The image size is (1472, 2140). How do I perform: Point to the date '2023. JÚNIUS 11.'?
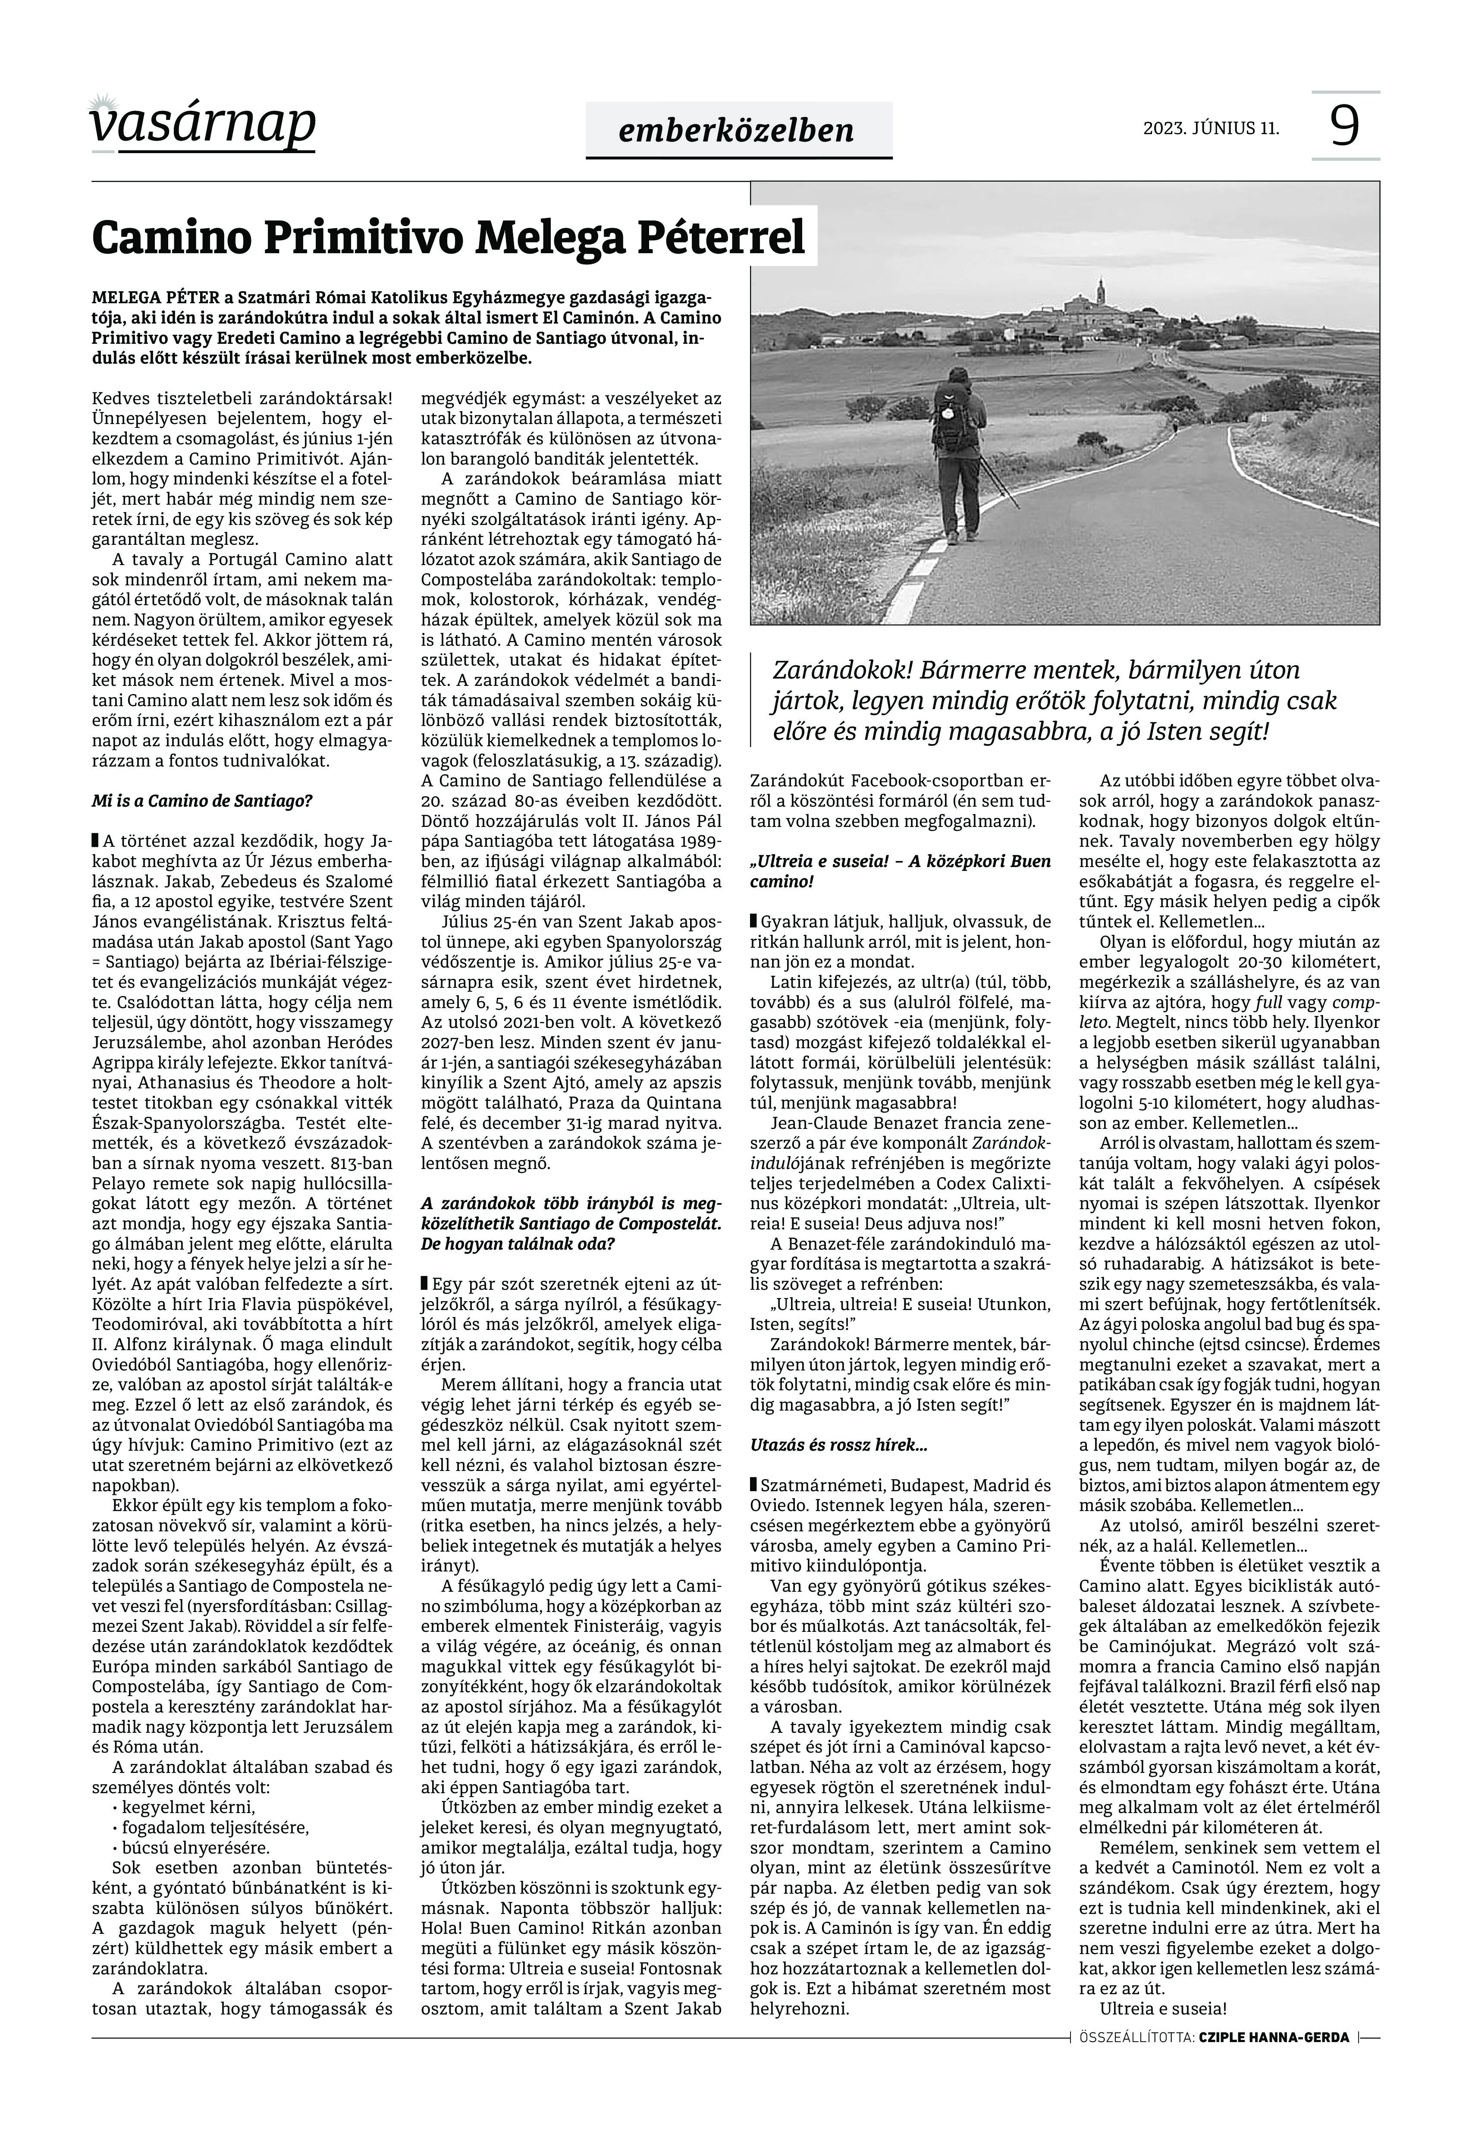(x=1211, y=128)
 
